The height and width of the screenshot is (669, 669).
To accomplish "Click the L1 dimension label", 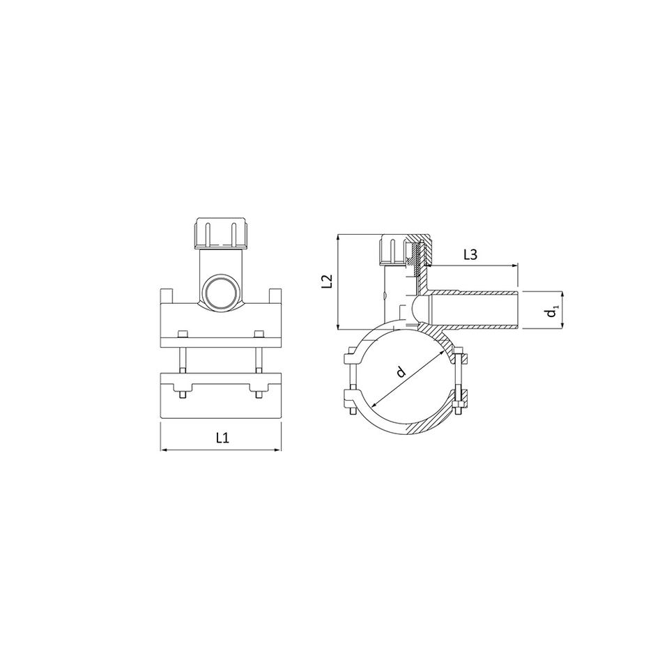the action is tap(222, 438).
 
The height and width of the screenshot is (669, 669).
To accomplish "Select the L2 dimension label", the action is tap(326, 282).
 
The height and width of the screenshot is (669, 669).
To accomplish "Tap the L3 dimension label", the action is tap(470, 255).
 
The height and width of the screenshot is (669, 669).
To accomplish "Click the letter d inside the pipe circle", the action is tap(400, 372).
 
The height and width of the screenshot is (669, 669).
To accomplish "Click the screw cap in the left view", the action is tap(221, 233).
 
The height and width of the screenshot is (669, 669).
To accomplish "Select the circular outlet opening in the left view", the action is tap(221, 293).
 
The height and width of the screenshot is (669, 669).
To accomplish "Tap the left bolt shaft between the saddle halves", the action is tap(182, 360).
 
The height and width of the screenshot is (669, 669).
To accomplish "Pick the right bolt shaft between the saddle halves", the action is tap(259, 360).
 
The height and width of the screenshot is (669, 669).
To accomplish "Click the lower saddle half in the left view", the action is tap(221, 396).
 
